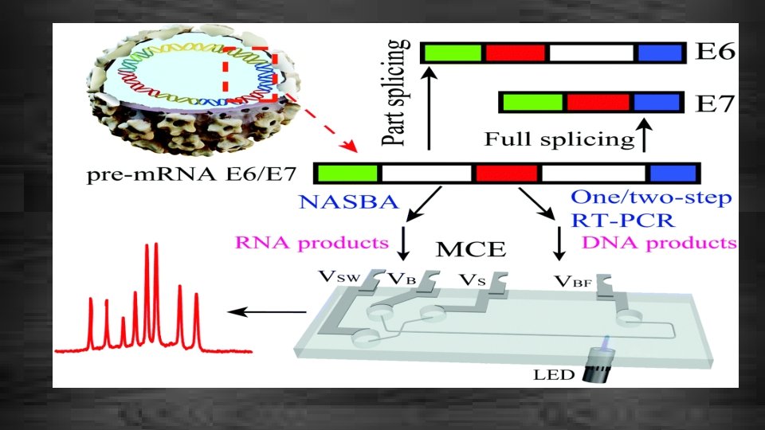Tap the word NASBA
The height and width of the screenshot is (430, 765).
pos(348,201)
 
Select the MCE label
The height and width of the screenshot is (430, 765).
pos(470,248)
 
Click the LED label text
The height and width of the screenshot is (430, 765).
pos(557,373)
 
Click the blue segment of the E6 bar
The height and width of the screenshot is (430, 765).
pos(659,53)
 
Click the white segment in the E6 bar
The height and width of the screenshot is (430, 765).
pos(590,53)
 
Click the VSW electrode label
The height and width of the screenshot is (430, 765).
pos(339,278)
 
